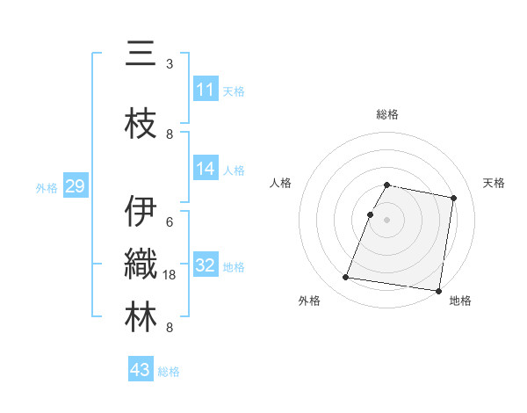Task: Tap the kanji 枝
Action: point(141,123)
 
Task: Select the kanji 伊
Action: point(141,211)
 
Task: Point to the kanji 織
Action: point(141,264)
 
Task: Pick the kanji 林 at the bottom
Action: point(141,317)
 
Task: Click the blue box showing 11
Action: point(206,89)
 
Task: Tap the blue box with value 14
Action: point(206,170)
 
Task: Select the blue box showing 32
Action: point(206,265)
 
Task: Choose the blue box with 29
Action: point(75,186)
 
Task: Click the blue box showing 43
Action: point(141,370)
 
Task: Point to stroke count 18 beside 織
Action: point(170,275)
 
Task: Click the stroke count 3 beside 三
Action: point(170,64)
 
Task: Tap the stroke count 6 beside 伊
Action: point(170,221)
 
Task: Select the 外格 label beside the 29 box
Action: point(47,187)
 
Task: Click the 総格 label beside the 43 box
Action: point(169,372)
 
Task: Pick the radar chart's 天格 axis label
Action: point(494,183)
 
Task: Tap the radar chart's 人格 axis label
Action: point(280,183)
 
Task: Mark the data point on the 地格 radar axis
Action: point(438,290)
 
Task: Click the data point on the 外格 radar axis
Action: point(346,278)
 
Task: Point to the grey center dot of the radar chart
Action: point(386,220)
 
